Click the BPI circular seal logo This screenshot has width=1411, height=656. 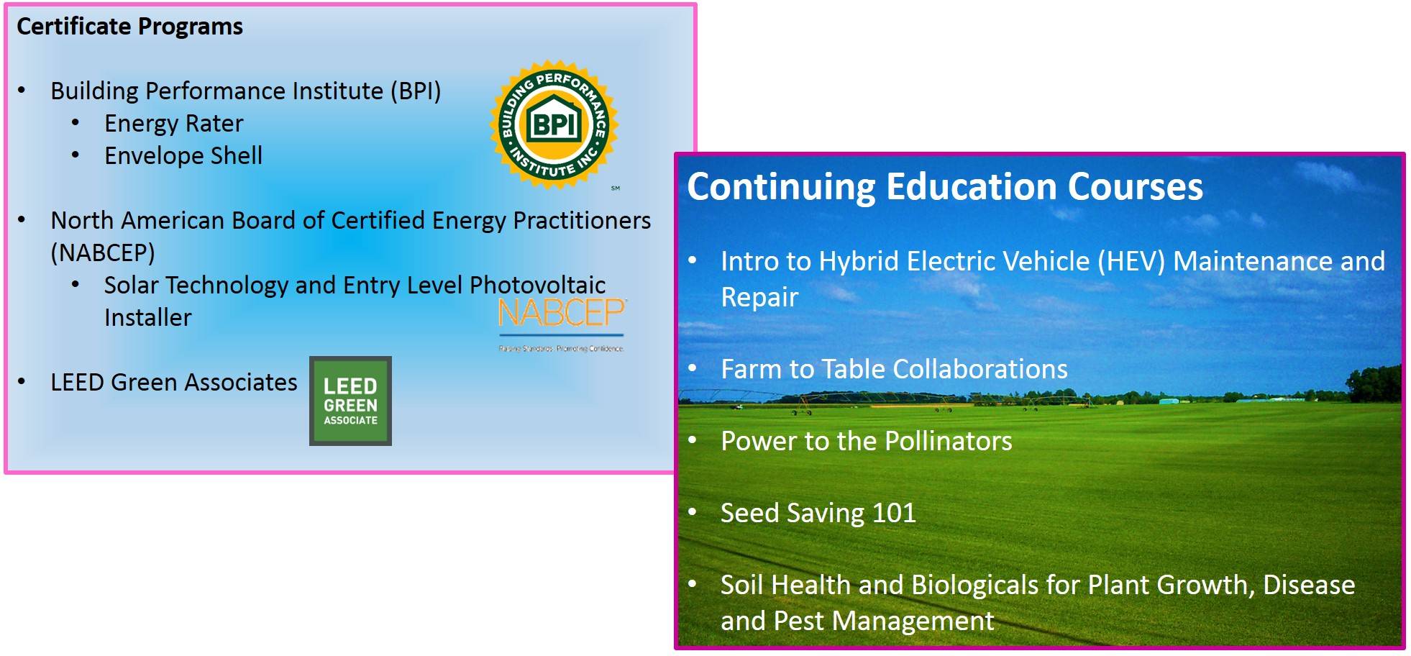point(554,124)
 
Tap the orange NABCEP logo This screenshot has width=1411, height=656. point(561,314)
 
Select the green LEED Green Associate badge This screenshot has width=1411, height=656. point(350,401)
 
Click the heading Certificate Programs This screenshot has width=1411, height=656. point(129,27)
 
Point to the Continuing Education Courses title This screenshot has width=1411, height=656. point(944,186)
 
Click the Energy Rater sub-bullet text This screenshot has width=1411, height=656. point(173,124)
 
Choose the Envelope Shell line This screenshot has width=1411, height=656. point(183,156)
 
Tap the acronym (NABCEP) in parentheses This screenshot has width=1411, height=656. point(103,252)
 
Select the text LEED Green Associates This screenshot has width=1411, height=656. point(173,382)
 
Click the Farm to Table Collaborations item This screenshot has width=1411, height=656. point(893,369)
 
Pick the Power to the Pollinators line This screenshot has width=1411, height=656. point(866,441)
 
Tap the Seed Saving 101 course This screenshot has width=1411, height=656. point(818,513)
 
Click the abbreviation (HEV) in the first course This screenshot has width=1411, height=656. point(1131,261)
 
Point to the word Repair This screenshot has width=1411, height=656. point(759,297)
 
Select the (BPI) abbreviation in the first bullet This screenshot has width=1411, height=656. point(416,91)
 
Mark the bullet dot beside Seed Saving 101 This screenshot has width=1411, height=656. point(693,512)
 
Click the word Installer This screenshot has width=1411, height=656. point(147,317)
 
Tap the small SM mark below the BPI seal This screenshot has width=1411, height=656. point(616,188)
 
